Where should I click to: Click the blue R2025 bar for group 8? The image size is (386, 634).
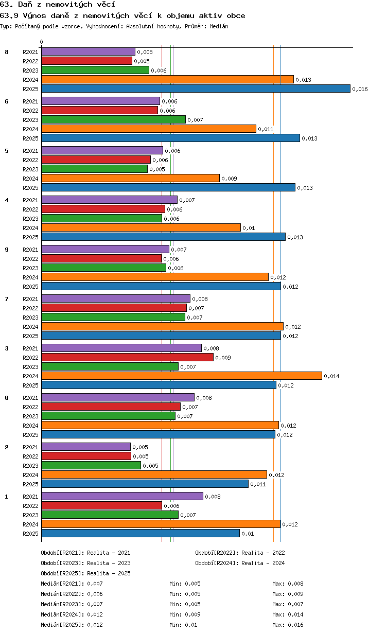(196, 89)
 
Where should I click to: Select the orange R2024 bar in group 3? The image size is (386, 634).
(182, 376)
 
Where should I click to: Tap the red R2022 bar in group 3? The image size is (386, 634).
(127, 357)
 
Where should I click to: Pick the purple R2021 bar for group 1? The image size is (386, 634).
(122, 496)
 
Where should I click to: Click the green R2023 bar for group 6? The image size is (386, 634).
(113, 119)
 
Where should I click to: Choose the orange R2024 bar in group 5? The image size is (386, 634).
(130, 178)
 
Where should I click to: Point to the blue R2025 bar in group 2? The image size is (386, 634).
(145, 484)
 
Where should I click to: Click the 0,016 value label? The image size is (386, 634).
(360, 89)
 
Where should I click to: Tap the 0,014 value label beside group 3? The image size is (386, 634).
(331, 376)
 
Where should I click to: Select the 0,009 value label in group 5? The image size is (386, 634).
(229, 179)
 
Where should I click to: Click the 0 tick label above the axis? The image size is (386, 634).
(42, 42)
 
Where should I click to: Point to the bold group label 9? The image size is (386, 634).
(7, 250)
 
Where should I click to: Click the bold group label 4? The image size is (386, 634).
(7, 200)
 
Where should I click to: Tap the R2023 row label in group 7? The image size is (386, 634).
(30, 318)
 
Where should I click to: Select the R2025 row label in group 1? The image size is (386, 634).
(30, 534)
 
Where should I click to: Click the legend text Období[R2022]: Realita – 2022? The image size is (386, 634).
(240, 553)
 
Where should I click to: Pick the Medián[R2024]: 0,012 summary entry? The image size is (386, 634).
(72, 614)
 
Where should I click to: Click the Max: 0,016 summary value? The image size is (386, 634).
(288, 625)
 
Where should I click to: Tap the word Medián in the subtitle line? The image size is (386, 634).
(219, 26)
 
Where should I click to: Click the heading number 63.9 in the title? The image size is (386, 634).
(9, 15)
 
